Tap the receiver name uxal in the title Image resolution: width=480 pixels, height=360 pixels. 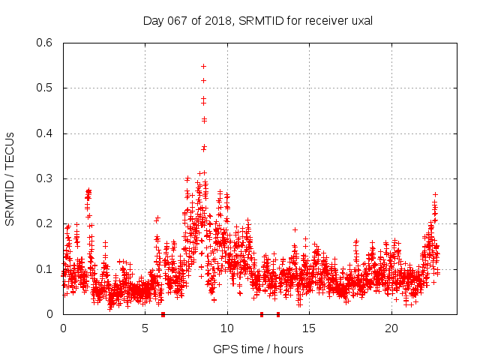tap(360, 21)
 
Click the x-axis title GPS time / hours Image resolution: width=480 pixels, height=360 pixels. tap(258, 349)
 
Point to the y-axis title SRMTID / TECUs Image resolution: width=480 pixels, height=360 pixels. tap(10, 178)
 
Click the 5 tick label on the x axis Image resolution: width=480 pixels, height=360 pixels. tap(145, 328)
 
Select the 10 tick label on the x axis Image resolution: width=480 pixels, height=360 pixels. tap(227, 328)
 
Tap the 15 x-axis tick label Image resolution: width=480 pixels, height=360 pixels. tap(309, 328)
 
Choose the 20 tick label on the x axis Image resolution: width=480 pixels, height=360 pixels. tap(391, 328)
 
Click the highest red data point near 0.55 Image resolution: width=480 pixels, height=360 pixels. tap(203, 66)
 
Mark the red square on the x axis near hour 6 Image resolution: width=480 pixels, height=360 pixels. tap(163, 314)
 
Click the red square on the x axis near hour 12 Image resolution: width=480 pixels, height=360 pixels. tap(262, 314)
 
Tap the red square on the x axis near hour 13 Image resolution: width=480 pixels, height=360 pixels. tap(278, 314)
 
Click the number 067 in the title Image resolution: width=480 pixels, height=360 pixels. tap(176, 21)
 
